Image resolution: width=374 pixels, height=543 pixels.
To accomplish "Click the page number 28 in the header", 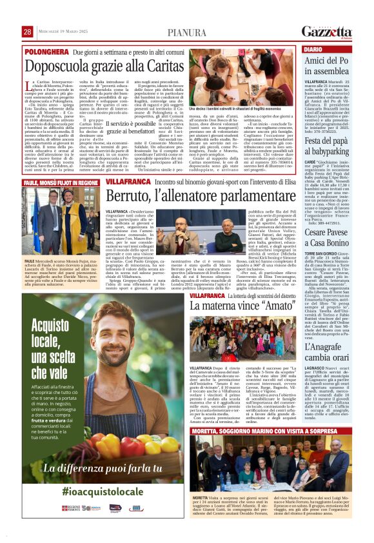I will [x=27, y=32].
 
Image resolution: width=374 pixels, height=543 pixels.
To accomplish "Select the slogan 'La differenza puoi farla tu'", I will [x=104, y=469].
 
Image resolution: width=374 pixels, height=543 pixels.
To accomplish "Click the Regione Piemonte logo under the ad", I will [x=70, y=509].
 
